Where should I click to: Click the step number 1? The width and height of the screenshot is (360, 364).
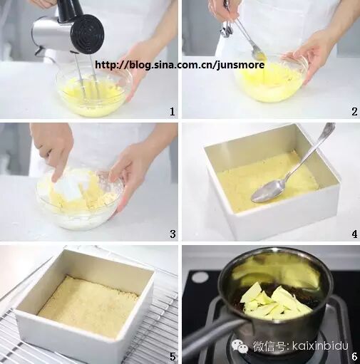[173, 111]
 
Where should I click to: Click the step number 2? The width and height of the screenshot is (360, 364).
[354, 111]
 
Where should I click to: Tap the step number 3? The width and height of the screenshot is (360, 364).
[173, 234]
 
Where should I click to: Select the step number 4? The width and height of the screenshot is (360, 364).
[354, 234]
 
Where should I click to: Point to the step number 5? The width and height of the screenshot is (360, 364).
[173, 357]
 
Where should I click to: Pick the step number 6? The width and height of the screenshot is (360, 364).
[354, 356]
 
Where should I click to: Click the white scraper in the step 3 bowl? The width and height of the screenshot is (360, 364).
[68, 184]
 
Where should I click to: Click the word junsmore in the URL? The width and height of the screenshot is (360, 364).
[240, 65]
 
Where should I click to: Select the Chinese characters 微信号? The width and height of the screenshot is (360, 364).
[269, 346]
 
